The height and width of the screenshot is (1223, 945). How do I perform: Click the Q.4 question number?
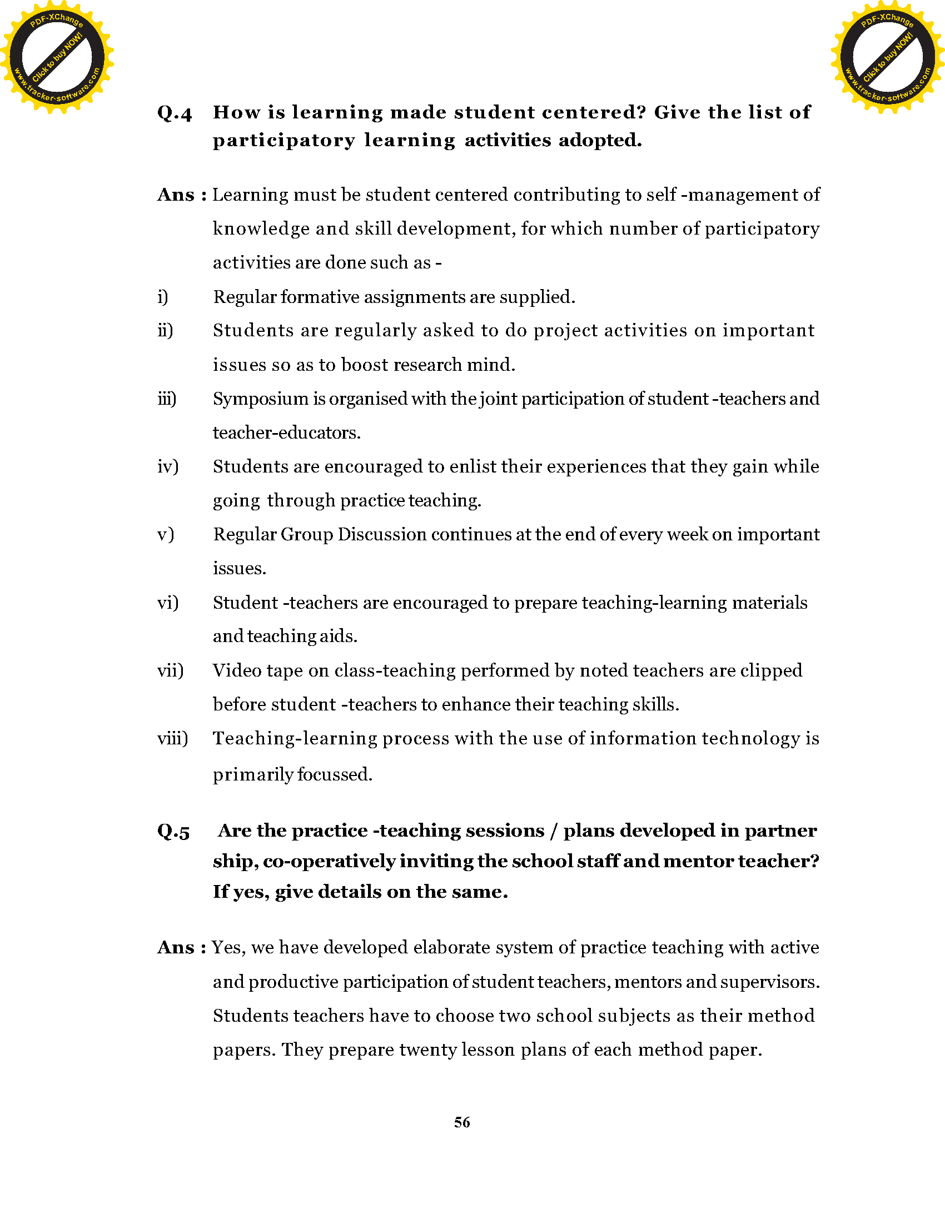click(x=174, y=113)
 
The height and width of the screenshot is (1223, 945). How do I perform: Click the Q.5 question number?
click(x=173, y=832)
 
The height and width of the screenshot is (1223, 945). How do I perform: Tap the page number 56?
click(x=462, y=1122)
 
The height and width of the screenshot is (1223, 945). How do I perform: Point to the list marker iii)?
click(x=167, y=399)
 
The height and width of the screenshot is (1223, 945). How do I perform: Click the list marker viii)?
click(x=172, y=738)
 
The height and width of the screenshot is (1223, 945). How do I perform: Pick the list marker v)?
click(x=166, y=534)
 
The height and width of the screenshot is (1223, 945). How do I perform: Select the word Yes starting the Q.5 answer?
click(x=228, y=947)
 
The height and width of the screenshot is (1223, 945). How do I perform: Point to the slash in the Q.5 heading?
click(x=553, y=831)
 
